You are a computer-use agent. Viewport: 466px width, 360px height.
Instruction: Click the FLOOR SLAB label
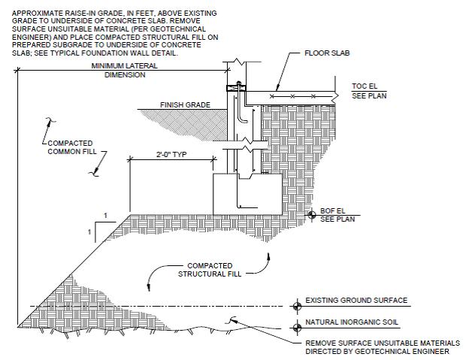(x=327, y=53)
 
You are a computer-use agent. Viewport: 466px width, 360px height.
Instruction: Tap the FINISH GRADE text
(x=185, y=105)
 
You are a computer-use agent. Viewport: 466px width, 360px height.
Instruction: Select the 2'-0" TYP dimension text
(x=171, y=155)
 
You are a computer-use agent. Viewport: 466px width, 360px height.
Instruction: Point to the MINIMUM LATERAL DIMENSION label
(x=125, y=70)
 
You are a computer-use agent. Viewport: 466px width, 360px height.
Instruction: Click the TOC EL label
(x=365, y=86)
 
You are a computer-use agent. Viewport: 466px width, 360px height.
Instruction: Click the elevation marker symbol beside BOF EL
(x=311, y=215)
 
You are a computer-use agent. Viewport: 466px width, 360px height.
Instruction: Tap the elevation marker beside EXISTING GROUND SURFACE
(x=297, y=306)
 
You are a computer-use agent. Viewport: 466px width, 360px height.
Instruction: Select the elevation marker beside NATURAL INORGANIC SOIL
(x=297, y=328)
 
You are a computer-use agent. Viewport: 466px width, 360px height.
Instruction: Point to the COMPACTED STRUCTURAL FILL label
(x=210, y=270)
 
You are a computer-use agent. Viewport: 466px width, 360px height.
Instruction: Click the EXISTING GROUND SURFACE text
(x=356, y=300)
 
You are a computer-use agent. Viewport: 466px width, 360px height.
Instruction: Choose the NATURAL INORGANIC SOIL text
(x=352, y=322)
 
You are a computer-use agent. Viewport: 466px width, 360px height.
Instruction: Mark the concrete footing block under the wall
(x=247, y=195)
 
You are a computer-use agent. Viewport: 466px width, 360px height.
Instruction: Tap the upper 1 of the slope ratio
(x=105, y=216)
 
